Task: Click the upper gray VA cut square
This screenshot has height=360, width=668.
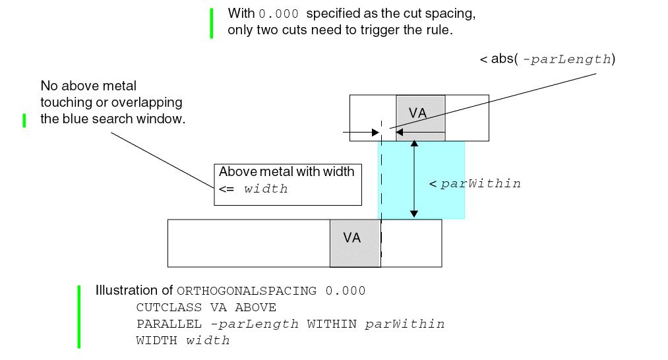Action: (x=420, y=117)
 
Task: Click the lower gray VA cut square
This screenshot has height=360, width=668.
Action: (x=355, y=243)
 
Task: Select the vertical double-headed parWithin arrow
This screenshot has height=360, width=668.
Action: (x=413, y=179)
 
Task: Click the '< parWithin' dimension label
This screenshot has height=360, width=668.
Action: (x=475, y=184)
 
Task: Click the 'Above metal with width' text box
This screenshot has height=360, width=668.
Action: (x=288, y=184)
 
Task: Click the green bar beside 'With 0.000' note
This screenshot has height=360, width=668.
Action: (x=212, y=22)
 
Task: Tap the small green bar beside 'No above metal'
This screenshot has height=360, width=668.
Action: (x=24, y=120)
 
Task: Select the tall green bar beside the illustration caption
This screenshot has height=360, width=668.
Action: (x=79, y=316)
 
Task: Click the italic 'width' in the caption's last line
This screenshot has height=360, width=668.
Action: (x=208, y=340)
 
